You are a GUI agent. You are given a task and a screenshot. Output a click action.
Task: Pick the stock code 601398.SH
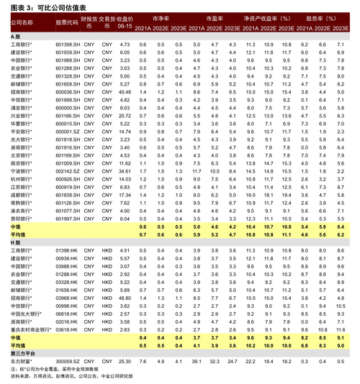[x=67, y=45]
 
